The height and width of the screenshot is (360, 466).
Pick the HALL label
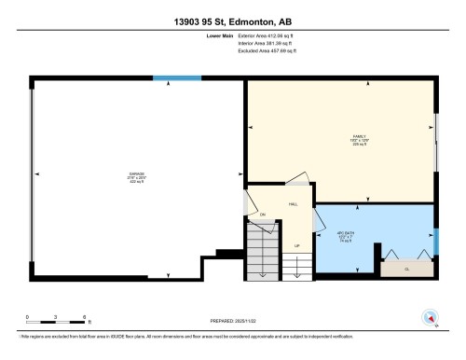coord(293,203)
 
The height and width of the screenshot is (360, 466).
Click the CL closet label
coord(407,269)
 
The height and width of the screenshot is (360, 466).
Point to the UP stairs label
coord(297,246)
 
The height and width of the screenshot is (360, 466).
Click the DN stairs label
coord(263,216)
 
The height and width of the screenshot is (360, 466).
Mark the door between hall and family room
coord(296,179)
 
